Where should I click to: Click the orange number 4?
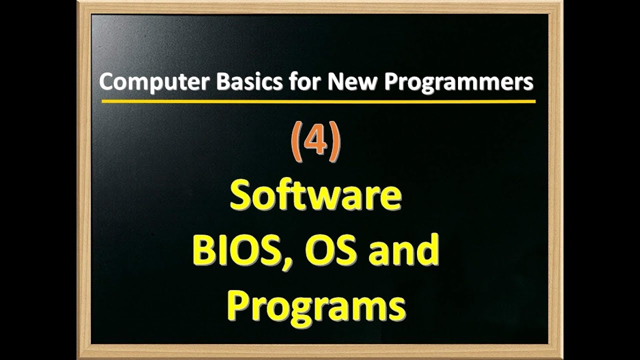point(316,141)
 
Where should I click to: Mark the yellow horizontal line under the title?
point(318,101)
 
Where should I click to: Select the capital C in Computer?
point(106,82)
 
